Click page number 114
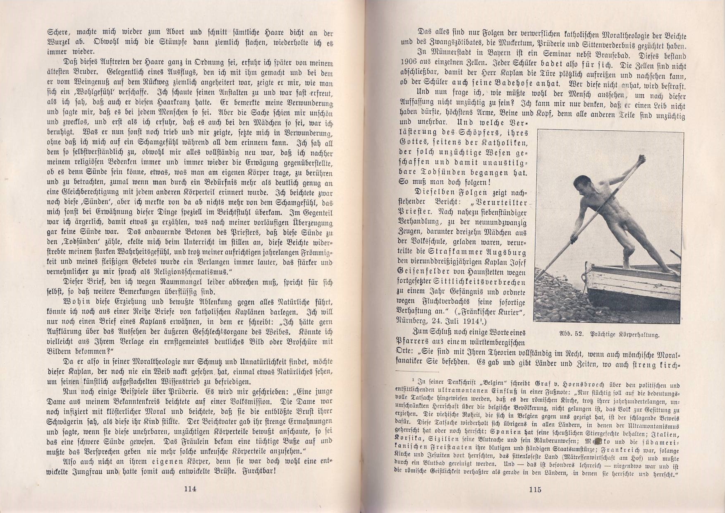(x=190, y=489)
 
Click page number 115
(x=535, y=490)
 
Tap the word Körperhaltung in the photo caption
(x=637, y=335)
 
